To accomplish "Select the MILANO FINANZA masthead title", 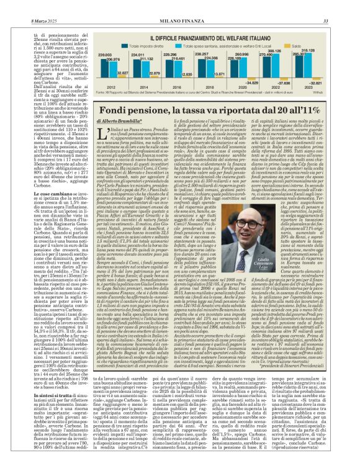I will [x=179, y=5].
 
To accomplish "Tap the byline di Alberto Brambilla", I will [x=121, y=118].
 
